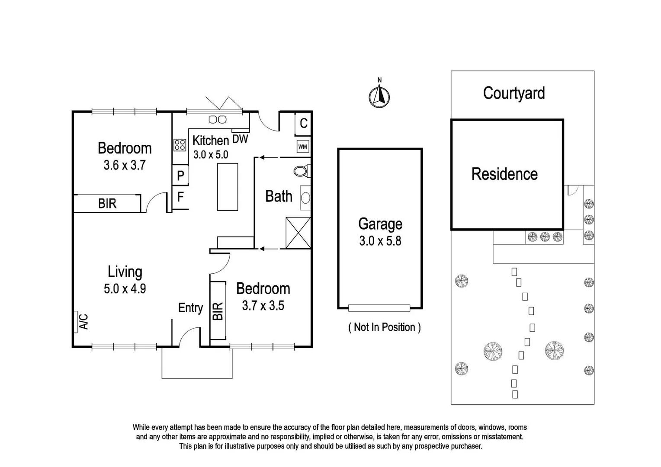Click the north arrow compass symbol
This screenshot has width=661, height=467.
379,96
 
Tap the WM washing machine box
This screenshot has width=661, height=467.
303,147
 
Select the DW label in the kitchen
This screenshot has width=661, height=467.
240,139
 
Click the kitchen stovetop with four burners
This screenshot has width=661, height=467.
180,145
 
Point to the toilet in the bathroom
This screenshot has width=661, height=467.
301,171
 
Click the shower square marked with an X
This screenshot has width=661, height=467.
298,233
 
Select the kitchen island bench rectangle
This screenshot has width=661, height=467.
228,187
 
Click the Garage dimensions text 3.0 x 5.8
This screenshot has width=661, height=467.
380,241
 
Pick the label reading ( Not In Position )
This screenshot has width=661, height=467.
384,327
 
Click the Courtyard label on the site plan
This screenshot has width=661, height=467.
513,93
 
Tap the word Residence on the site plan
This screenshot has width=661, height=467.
504,174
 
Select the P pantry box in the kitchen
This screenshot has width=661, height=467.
180,175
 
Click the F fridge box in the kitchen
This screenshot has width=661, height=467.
180,197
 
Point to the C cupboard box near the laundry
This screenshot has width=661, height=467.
303,123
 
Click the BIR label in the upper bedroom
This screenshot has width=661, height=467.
107,204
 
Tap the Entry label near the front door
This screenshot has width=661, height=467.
190,308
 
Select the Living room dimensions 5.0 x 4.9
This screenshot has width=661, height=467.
125,288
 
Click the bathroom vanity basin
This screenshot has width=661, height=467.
305,198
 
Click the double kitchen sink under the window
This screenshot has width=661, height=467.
218,119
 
